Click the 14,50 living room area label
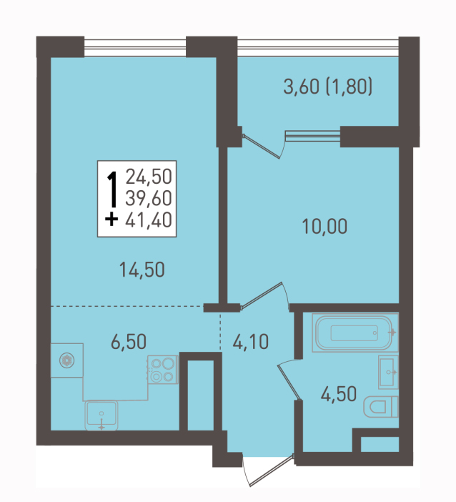(142, 270)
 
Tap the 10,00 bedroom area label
(324, 227)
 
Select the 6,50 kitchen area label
(129, 341)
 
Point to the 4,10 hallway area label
(251, 342)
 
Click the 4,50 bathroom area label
(339, 394)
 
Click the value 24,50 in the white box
(149, 177)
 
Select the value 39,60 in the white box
(149, 198)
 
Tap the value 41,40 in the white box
(149, 220)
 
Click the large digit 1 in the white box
(112, 190)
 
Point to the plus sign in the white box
(111, 220)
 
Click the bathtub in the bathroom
(355, 333)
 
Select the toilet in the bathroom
(381, 407)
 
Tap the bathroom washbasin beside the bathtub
(389, 372)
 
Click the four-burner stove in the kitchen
(163, 370)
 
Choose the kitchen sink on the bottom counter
(101, 415)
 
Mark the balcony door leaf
(262, 147)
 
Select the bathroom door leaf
(289, 383)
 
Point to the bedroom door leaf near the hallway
(261, 296)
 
